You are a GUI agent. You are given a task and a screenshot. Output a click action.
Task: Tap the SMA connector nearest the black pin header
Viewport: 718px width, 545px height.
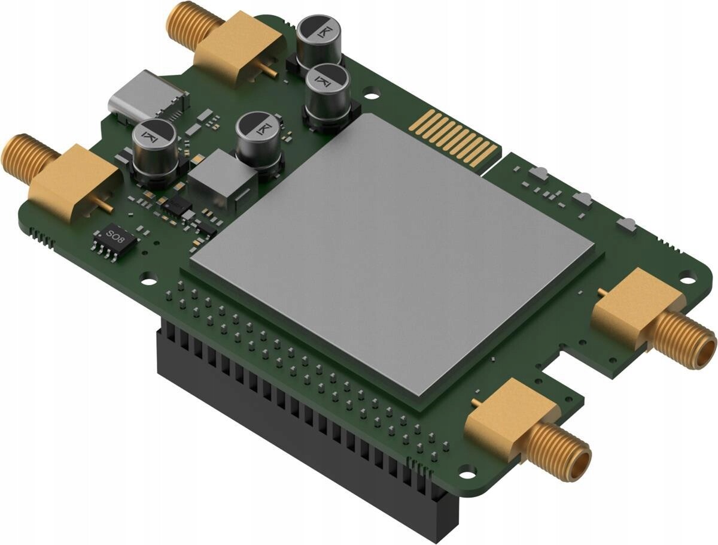click(x=527, y=428)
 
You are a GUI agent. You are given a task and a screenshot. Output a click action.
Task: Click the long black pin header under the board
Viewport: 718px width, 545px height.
click(x=299, y=419)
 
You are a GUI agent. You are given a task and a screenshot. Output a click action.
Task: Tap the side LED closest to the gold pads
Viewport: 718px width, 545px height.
click(x=539, y=174)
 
